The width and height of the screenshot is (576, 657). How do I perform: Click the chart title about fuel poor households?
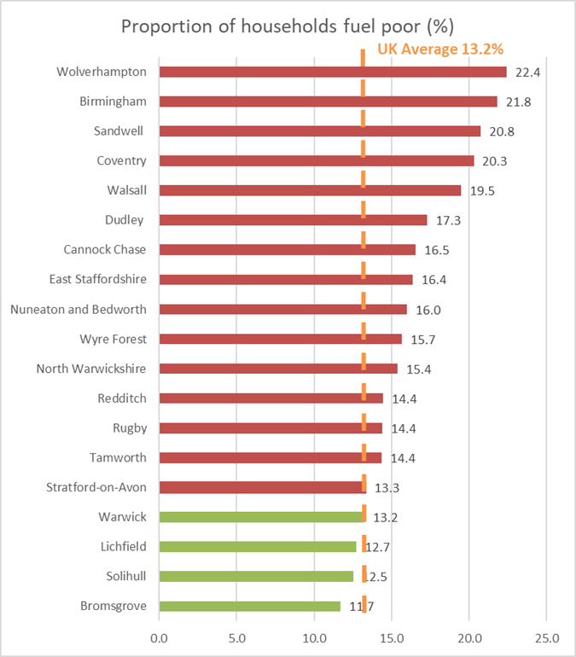click(x=288, y=26)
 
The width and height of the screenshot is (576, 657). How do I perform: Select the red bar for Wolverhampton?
click(x=332, y=72)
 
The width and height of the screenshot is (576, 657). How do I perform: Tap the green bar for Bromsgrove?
click(x=249, y=607)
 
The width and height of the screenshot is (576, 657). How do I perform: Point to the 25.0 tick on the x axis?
click(x=546, y=637)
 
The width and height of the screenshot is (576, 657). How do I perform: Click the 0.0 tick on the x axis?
click(x=159, y=637)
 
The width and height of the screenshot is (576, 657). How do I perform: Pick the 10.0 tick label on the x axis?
click(x=314, y=637)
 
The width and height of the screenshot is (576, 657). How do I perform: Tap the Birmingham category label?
click(x=113, y=102)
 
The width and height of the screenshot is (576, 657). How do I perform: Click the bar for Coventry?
click(x=316, y=160)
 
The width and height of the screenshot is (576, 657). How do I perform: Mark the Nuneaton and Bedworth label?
click(x=79, y=309)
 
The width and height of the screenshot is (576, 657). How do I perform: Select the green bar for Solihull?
click(x=256, y=577)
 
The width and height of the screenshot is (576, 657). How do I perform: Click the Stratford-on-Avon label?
click(x=96, y=487)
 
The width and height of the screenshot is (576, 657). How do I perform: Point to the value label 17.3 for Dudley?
click(x=447, y=221)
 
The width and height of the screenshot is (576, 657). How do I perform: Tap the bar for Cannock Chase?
click(x=287, y=250)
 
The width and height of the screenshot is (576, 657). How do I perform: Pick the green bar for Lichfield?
click(x=257, y=547)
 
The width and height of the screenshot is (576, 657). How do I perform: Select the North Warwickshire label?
click(x=91, y=369)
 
